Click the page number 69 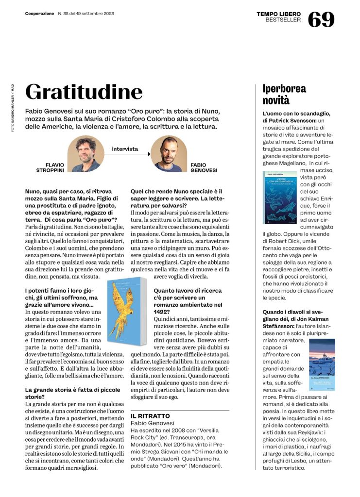(321, 19)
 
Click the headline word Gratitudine (84, 92)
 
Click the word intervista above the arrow (125, 149)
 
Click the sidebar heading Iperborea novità (284, 95)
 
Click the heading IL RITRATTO (150, 416)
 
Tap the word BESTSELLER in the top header (283, 20)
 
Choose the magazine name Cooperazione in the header (39, 14)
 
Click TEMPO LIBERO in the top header (279, 14)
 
